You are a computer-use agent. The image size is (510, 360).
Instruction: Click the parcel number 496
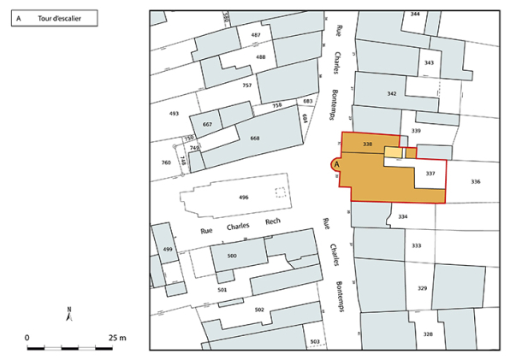244,198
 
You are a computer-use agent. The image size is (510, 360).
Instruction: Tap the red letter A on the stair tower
336,162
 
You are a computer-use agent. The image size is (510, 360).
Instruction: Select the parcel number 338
369,144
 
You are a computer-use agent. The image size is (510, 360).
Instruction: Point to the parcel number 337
430,174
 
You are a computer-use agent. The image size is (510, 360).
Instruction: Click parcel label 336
475,181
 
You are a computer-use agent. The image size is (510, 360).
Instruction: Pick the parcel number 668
254,139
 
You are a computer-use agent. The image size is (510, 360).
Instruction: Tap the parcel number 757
246,86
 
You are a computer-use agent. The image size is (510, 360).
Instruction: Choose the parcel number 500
231,256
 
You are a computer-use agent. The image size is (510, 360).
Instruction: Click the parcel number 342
391,93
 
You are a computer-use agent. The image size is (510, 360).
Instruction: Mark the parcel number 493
174,113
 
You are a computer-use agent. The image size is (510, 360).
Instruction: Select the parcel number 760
166,162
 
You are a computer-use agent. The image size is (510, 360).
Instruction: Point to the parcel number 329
422,289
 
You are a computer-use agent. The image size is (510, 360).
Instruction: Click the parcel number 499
168,249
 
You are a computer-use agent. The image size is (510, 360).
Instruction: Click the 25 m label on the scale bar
117,338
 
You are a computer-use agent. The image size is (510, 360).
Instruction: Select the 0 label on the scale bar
27,338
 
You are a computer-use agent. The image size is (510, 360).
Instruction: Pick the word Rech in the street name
273,221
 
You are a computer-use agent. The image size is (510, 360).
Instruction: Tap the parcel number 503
314,342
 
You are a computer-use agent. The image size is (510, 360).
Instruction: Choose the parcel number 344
415,15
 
